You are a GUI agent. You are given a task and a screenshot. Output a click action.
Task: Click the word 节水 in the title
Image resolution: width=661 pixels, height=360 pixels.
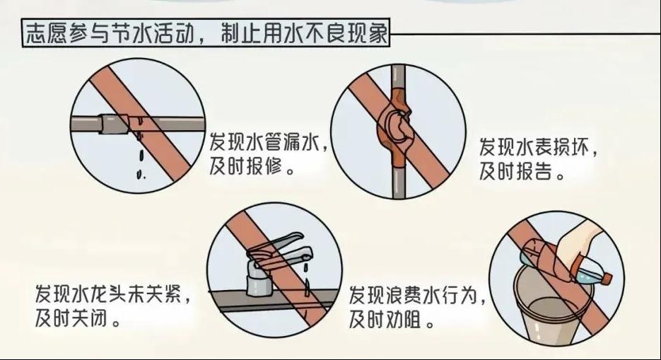(129, 33)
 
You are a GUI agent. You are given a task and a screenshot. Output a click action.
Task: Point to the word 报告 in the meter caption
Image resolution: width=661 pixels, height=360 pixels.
(534, 171)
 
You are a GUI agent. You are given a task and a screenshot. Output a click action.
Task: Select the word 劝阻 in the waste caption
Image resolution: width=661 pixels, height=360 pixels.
(404, 320)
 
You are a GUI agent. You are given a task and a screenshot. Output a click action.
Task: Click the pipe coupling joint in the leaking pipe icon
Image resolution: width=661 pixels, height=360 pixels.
(112, 124)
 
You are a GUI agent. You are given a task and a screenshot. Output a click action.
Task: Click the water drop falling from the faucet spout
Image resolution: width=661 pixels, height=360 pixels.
(307, 286)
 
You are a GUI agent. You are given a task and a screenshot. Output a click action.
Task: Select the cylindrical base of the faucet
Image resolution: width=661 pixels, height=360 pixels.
(259, 282)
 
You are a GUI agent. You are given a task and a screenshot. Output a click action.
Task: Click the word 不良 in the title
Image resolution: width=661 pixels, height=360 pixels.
(332, 33)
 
